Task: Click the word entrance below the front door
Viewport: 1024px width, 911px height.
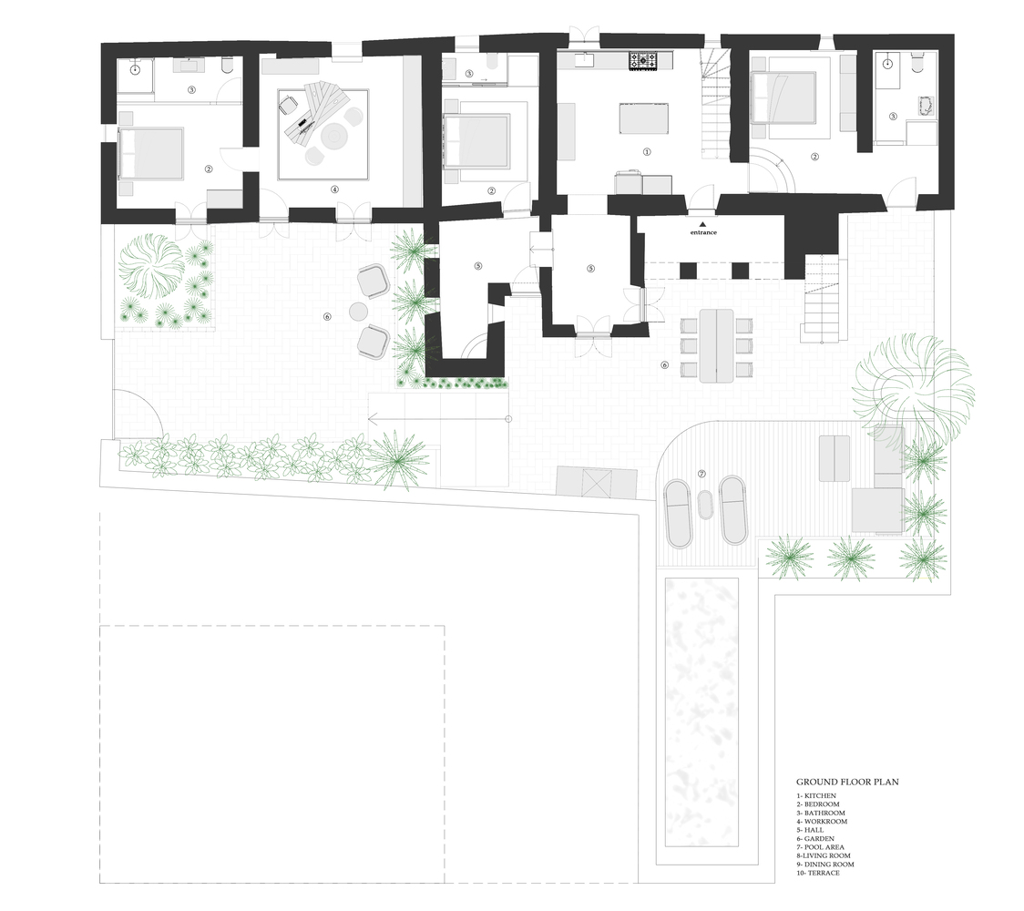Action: coord(702,233)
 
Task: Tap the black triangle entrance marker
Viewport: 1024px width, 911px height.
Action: coord(702,223)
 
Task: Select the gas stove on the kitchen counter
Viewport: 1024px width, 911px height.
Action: coord(642,62)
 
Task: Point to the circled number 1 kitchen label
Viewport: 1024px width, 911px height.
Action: coord(648,152)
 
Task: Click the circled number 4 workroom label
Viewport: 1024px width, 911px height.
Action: coord(334,189)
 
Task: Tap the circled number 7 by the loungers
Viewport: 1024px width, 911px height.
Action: coord(701,474)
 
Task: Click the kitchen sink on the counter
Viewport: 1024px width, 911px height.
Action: coord(583,61)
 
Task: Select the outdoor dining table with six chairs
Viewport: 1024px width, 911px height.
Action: coord(717,344)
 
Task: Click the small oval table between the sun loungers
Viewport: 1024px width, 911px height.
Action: coord(704,506)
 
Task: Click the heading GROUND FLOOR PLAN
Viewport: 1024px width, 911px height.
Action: coord(847,782)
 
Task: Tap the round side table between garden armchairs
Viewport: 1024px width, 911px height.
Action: coord(358,312)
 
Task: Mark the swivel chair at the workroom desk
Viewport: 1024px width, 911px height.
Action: coord(289,106)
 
